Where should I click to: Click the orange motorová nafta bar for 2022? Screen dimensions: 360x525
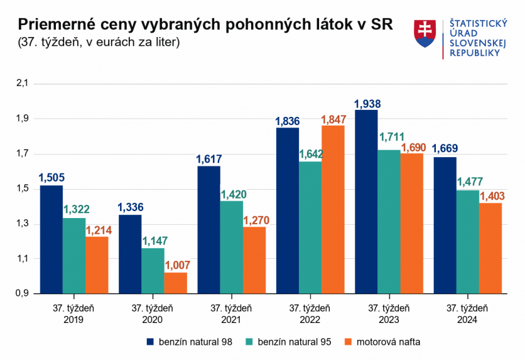click(x=333, y=209)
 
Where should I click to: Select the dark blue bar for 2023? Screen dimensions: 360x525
click(x=366, y=202)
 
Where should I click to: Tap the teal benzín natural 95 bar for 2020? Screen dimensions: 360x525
click(x=153, y=271)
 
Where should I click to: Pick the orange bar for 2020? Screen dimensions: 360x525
click(x=176, y=283)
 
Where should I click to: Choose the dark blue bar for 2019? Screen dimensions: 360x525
click(x=51, y=239)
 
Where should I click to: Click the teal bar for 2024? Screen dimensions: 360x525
click(x=467, y=242)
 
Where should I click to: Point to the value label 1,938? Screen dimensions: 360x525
click(x=367, y=104)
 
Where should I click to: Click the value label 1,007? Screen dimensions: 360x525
click(x=176, y=266)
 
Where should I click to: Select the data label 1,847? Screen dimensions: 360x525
click(x=333, y=119)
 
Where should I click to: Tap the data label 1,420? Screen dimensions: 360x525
click(x=232, y=194)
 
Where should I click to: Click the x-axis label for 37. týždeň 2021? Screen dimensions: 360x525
click(x=231, y=314)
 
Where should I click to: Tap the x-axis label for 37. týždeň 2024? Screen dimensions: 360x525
click(x=467, y=314)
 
